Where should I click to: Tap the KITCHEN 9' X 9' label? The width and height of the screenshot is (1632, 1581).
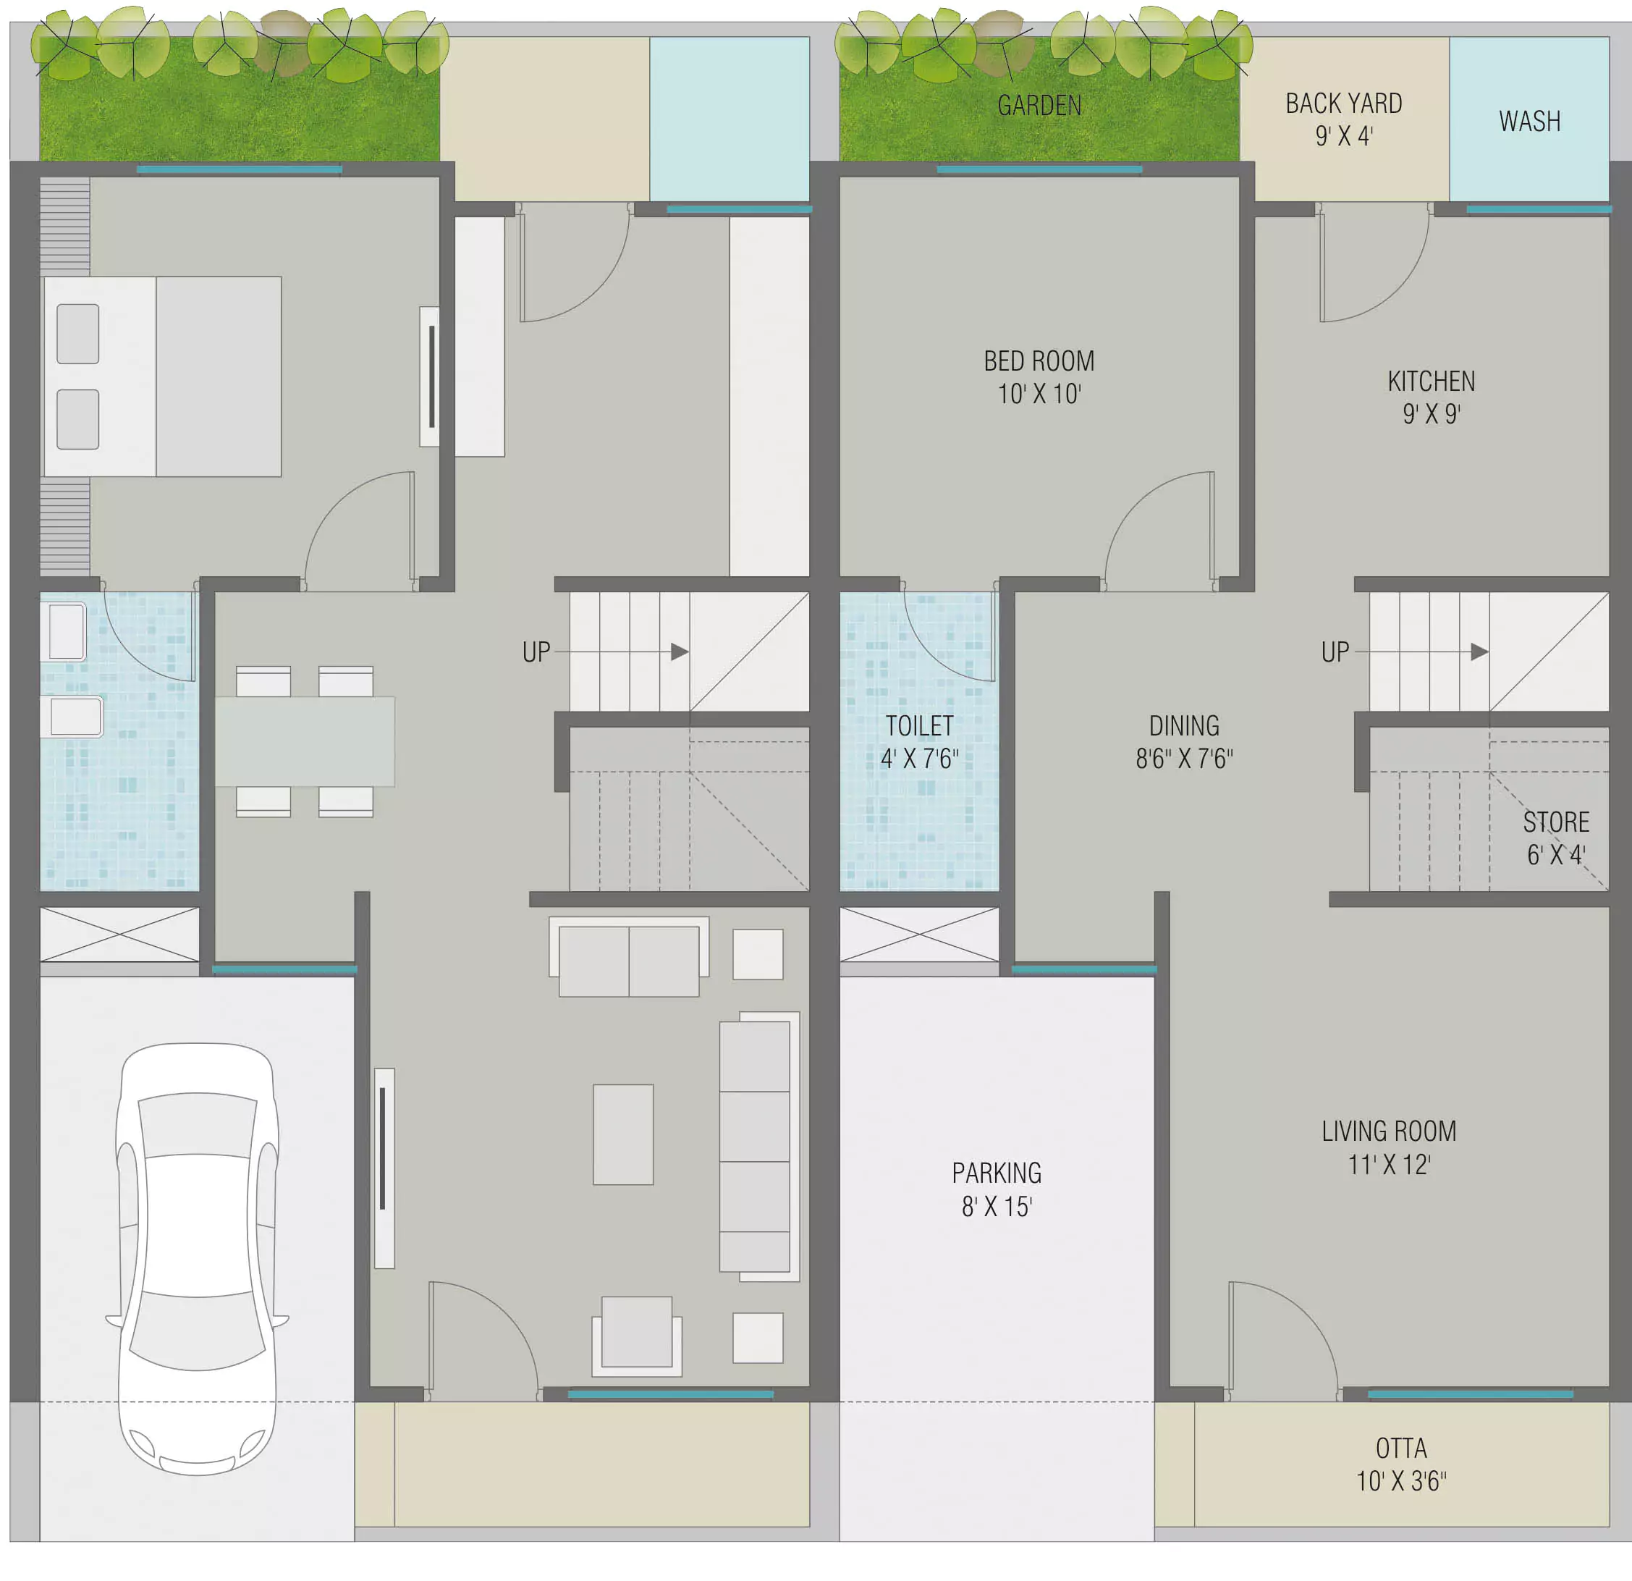(1432, 397)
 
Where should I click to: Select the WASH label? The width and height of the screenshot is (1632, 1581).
(1529, 122)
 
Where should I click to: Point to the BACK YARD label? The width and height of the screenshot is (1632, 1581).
(1344, 104)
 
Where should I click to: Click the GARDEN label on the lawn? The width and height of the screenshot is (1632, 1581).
(1039, 106)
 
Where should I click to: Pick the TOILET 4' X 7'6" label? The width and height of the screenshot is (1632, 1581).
(919, 742)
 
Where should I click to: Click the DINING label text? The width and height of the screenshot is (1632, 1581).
(1184, 726)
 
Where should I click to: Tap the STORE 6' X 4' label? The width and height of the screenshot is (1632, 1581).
(1556, 838)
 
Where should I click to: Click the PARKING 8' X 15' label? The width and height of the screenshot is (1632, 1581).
(997, 1189)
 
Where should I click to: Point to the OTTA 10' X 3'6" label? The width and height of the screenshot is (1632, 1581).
(1401, 1464)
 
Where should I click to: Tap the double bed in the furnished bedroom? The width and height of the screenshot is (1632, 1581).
(162, 376)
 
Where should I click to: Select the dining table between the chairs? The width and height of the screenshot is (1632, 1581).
(305, 741)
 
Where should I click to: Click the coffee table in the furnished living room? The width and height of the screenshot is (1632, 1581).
(623, 1134)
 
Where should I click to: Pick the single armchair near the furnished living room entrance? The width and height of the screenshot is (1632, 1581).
(637, 1336)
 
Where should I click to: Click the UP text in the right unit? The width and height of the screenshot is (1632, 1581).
(1335, 652)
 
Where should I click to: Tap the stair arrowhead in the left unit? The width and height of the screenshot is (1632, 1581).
(680, 652)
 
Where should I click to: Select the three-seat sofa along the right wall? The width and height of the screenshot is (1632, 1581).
(758, 1146)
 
